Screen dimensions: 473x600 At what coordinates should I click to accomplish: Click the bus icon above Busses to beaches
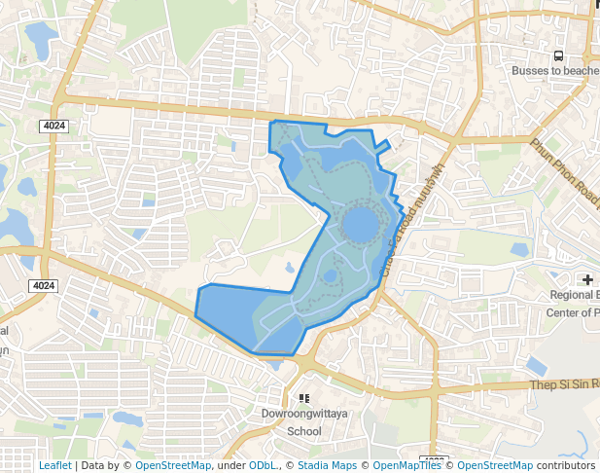pos(558,55)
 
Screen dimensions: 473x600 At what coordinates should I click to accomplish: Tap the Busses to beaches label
pos(555,71)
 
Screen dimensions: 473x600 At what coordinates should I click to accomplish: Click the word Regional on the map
pos(574,295)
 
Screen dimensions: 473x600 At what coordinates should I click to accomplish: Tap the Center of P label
pos(572,312)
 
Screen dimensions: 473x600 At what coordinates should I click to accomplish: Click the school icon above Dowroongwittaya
pos(304,398)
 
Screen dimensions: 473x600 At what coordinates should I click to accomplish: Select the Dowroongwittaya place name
pos(304,414)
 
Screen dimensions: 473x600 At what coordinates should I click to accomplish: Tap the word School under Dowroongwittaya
pos(304,431)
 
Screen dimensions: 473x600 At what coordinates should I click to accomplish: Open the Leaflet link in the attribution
pos(54,465)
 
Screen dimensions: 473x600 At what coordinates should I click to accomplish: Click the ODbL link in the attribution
pos(262,465)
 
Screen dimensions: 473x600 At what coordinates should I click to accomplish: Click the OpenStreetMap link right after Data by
pos(172,465)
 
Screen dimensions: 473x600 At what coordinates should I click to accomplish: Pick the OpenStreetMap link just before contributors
pos(495,465)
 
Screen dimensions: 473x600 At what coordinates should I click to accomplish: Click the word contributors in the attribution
pos(565,465)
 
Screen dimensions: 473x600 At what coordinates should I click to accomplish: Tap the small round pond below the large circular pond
pos(330,276)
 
